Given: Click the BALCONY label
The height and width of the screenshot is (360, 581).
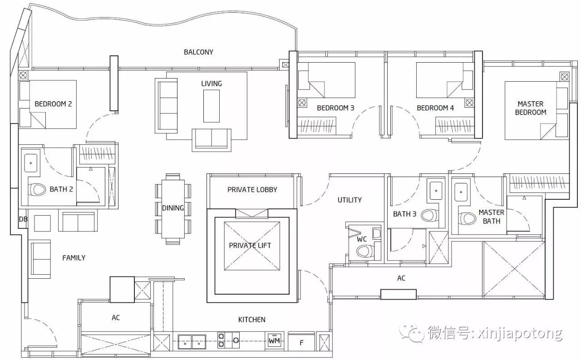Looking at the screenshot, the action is [198, 52].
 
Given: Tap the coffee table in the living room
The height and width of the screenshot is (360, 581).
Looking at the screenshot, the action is [212, 106].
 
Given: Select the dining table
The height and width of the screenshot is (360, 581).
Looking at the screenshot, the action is [173, 209].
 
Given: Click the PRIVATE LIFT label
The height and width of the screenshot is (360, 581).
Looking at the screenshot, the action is [250, 245].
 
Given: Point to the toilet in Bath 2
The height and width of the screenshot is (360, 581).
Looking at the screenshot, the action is [37, 190].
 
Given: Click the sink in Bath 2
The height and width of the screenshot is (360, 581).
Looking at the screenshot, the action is [30, 163].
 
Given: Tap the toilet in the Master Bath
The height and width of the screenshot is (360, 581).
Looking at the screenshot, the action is [467, 218].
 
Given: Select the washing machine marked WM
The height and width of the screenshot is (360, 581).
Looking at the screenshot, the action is [275, 340].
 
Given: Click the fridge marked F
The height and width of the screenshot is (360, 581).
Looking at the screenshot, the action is [301, 342].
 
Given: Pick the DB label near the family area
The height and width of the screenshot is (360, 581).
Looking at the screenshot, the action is [23, 219].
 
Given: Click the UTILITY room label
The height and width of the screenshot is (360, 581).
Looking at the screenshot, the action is [350, 200].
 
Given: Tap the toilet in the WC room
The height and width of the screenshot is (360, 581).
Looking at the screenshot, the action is [364, 251].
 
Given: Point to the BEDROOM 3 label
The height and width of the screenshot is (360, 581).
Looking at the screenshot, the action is [335, 108].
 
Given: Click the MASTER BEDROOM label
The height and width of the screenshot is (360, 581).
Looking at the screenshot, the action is [531, 108].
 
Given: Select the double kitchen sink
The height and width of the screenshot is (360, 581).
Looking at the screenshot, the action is [192, 342].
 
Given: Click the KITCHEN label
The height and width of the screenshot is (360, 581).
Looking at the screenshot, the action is [251, 320].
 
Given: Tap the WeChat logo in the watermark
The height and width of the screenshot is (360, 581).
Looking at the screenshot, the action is [412, 333].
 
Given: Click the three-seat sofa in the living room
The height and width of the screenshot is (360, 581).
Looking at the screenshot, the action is [167, 106].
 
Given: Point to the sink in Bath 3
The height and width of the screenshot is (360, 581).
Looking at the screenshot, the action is [436, 191].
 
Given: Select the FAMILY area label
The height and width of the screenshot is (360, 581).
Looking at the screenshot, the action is [74, 258].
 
